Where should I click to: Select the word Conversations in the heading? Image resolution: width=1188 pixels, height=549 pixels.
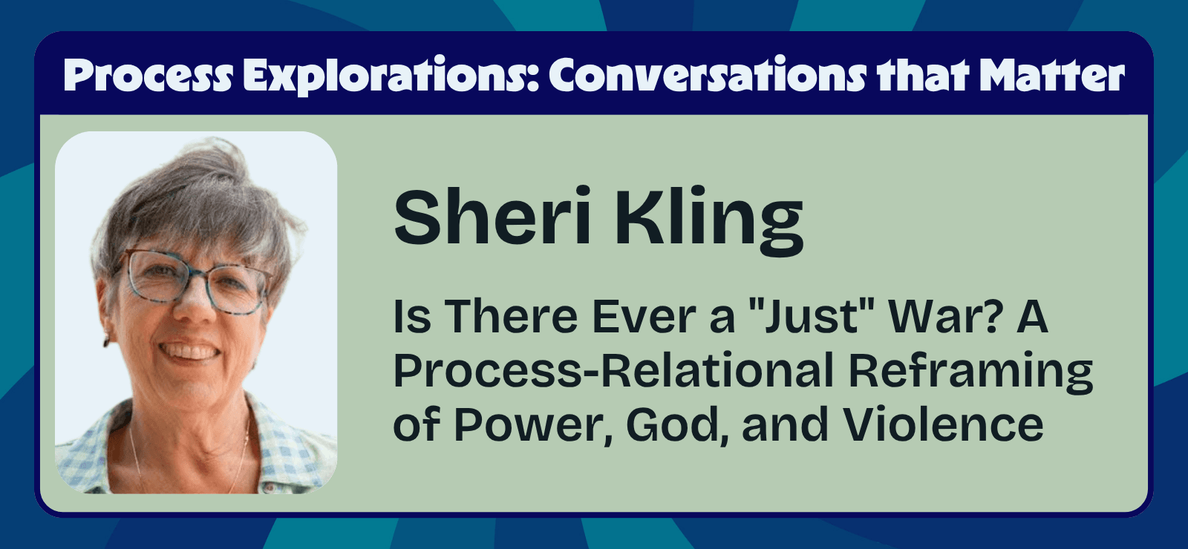(x=708, y=75)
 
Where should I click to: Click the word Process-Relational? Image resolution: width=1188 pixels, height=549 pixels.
(x=613, y=370)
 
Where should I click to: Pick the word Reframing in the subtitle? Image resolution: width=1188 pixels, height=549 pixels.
(x=970, y=372)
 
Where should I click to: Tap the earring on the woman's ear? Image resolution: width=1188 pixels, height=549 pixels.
(x=106, y=341)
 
